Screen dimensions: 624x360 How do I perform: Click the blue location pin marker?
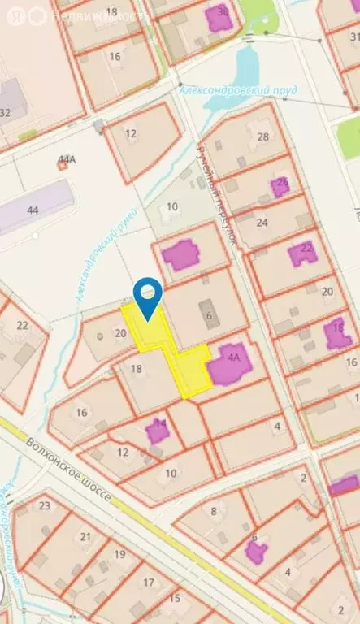coord(147,294)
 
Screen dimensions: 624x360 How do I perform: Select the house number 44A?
coord(65,160)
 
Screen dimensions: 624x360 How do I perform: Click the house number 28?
coord(262,136)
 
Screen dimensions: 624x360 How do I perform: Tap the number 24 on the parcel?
coord(262,222)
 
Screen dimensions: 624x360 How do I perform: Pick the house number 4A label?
coord(235,356)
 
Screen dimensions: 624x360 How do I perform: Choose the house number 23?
coord(44,505)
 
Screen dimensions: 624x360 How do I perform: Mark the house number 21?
coord(85,536)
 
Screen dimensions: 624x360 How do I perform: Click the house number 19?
coord(119,554)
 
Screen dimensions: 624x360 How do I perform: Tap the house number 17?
coord(149,582)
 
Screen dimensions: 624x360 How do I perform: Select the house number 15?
coord(175,599)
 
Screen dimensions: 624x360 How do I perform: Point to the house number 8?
coord(214,511)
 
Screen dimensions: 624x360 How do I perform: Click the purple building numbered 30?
coord(219,16)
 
